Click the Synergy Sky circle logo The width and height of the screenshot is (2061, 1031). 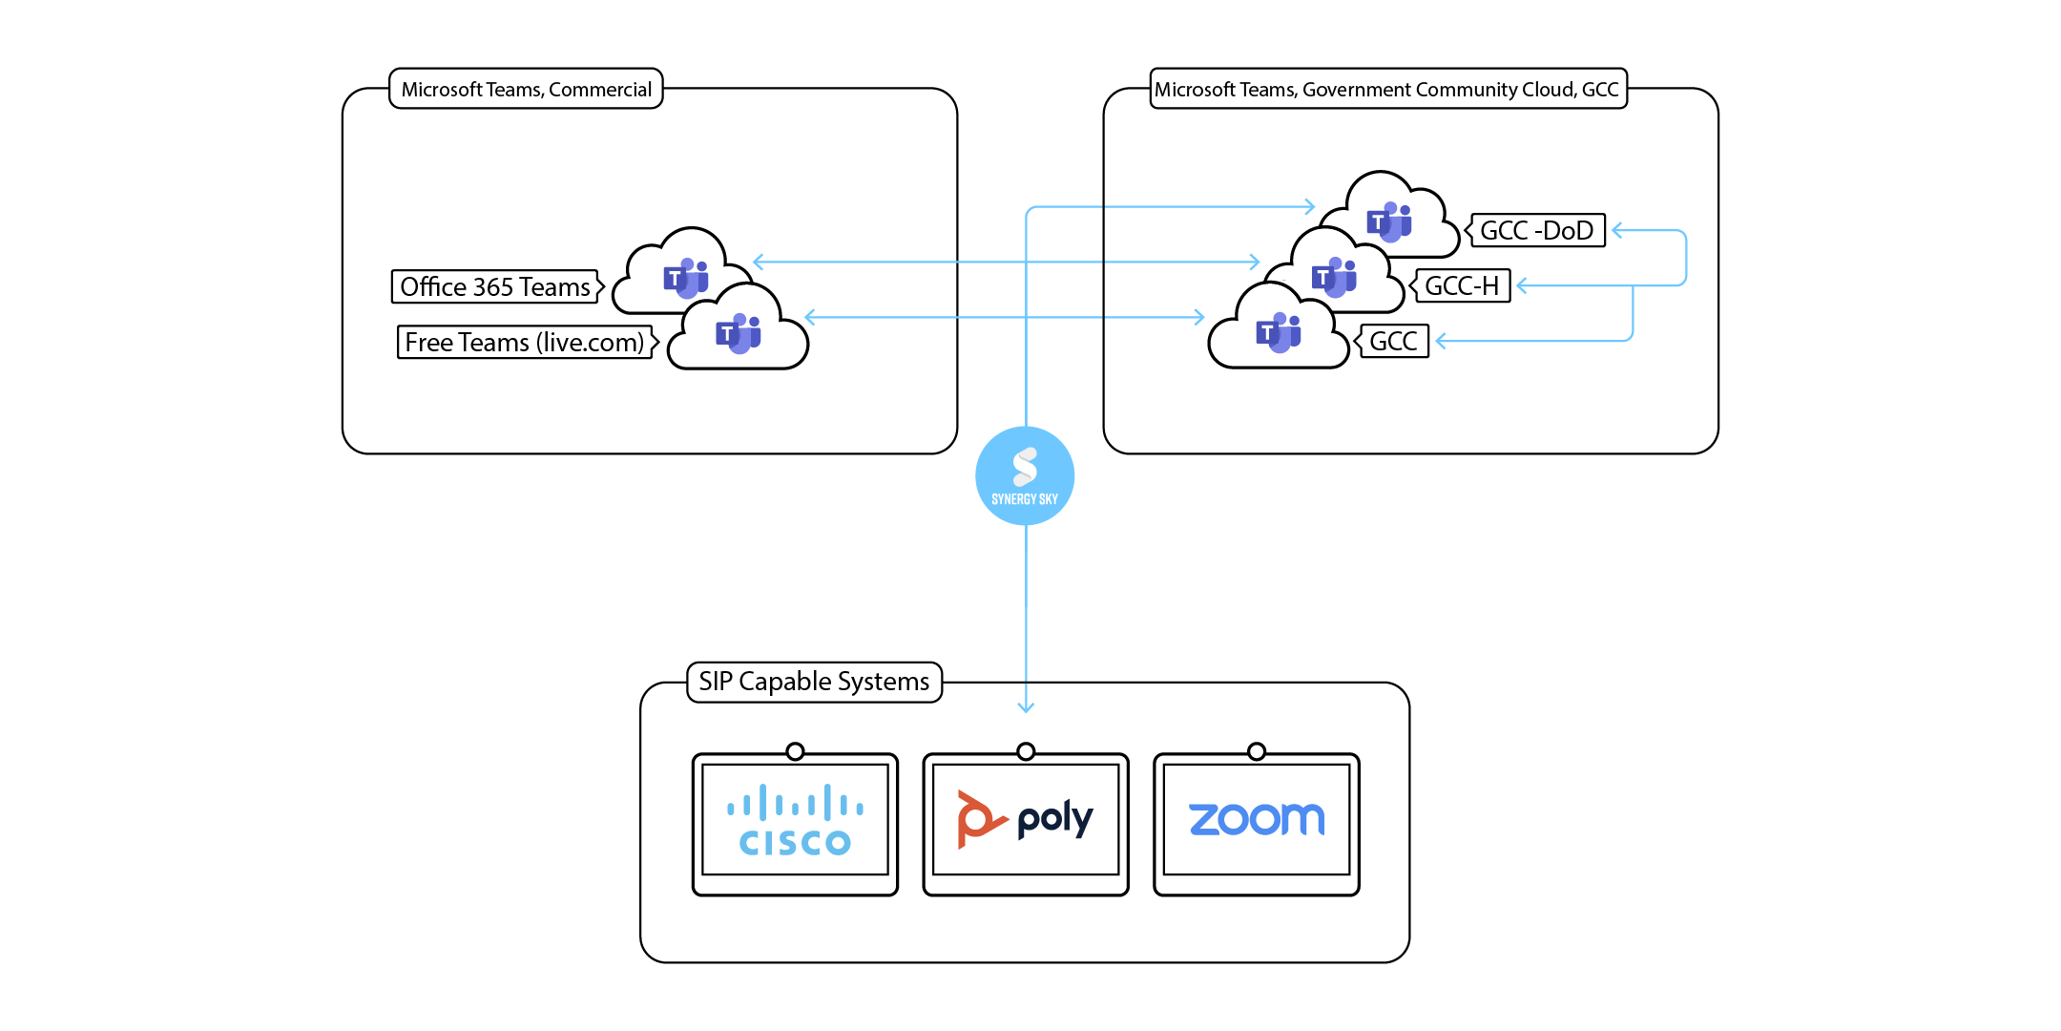[x=1025, y=475]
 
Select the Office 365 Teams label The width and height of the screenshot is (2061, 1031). [x=495, y=286]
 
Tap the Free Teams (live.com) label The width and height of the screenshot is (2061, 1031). [x=525, y=342]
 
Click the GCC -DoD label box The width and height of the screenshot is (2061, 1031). [x=1537, y=230]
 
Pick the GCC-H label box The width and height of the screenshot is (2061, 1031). [x=1462, y=285]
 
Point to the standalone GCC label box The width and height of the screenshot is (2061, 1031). [x=1393, y=341]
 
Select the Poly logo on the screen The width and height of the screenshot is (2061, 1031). [x=1026, y=819]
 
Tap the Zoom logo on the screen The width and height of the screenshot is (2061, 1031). [x=1257, y=819]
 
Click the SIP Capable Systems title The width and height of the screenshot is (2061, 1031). [x=814, y=682]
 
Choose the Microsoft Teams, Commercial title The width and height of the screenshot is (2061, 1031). [x=527, y=89]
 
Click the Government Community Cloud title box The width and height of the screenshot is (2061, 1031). [x=1387, y=89]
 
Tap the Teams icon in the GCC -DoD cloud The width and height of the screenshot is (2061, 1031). [x=1389, y=222]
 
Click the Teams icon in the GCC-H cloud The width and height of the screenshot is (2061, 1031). [x=1334, y=278]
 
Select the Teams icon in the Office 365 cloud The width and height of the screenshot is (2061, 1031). [x=686, y=278]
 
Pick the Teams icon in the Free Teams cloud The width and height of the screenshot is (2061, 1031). [x=739, y=333]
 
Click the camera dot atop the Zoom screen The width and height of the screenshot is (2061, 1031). [x=1257, y=751]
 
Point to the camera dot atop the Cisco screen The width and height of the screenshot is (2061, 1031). [x=795, y=751]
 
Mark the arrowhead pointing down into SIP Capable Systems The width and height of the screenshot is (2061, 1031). [x=1026, y=707]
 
